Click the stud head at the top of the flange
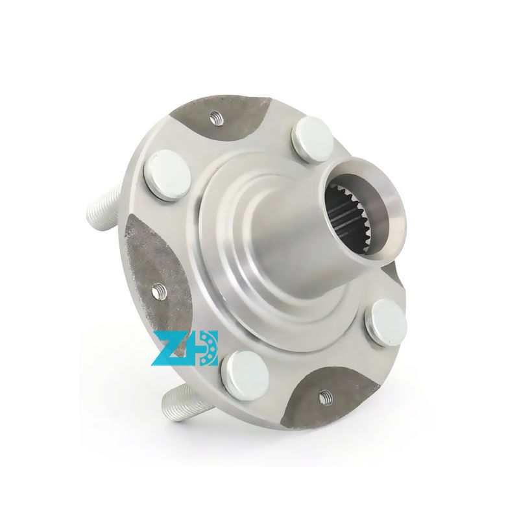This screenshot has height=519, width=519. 313,138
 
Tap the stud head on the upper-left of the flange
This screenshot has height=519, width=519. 167,175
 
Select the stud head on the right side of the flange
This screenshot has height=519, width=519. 385,322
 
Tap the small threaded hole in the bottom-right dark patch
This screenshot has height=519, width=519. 325,395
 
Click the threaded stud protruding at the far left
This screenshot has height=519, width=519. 103,204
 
